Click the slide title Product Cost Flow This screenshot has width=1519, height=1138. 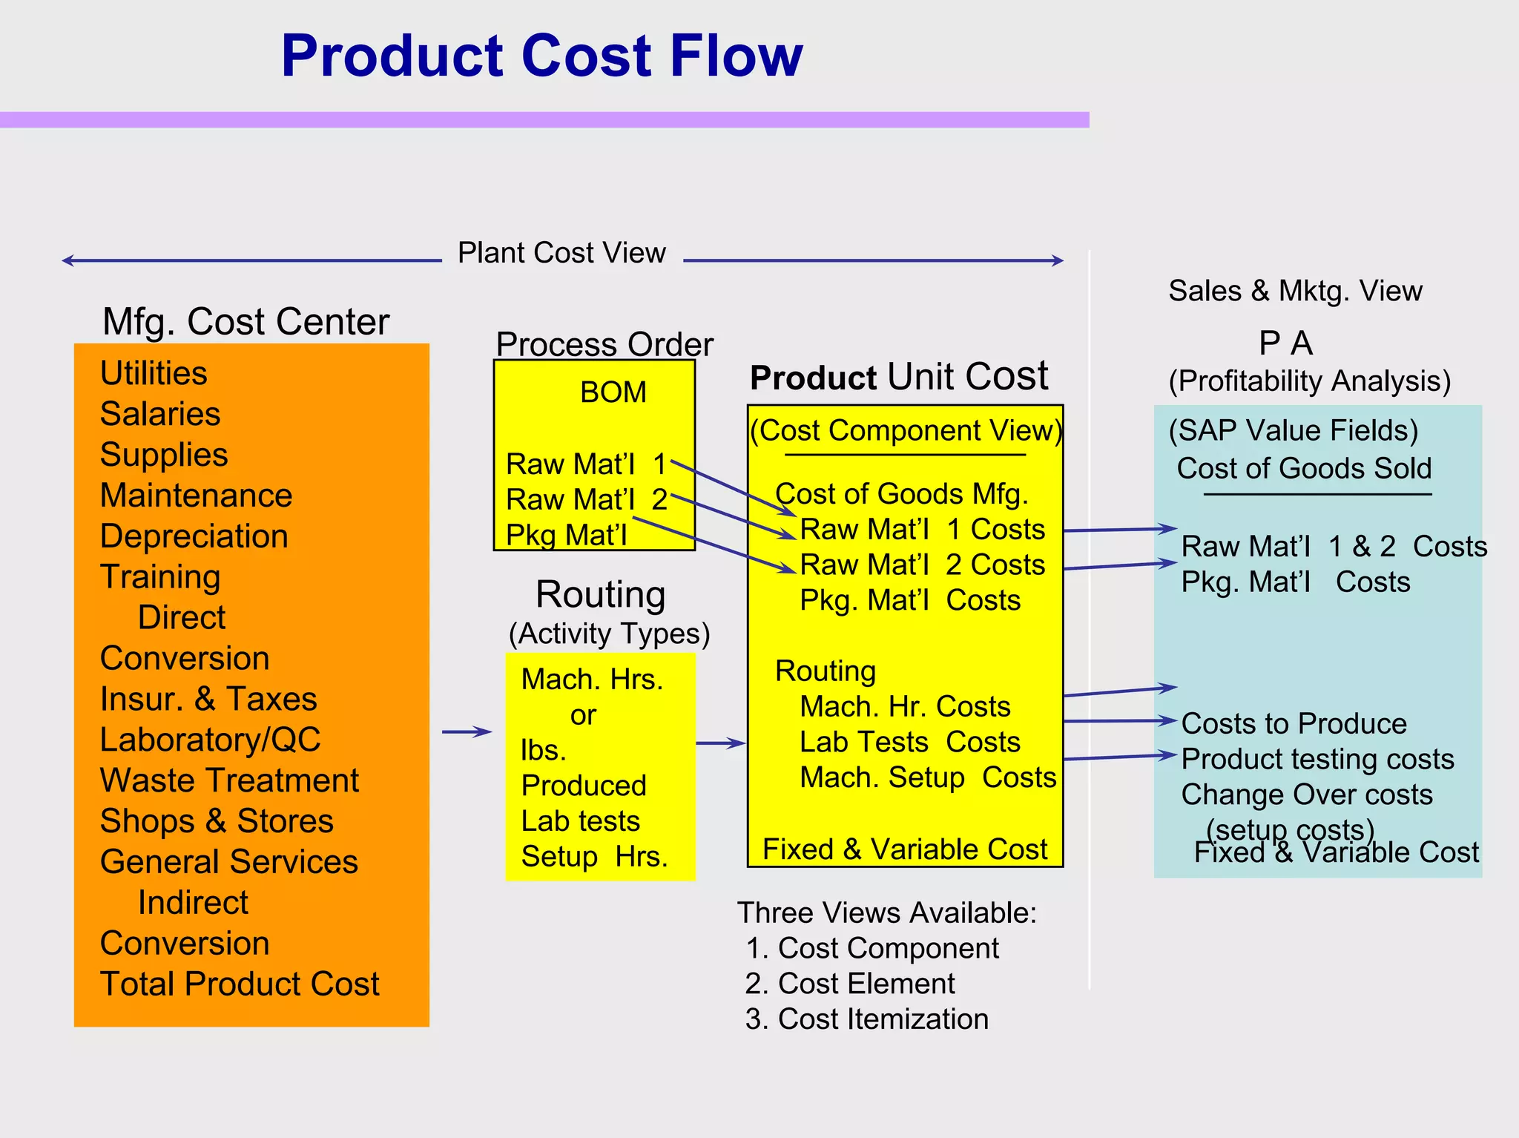click(541, 56)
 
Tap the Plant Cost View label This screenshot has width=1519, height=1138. click(561, 253)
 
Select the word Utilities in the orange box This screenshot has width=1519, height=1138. click(154, 373)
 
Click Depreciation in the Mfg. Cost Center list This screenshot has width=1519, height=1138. click(194, 536)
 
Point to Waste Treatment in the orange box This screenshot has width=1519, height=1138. click(229, 780)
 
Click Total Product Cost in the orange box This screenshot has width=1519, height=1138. click(240, 984)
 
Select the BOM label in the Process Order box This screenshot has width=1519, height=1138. click(613, 392)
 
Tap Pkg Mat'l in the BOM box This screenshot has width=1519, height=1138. click(566, 535)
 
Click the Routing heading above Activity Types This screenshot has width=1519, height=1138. click(600, 594)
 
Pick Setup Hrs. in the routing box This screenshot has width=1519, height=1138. click(594, 857)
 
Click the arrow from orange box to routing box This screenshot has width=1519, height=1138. click(467, 732)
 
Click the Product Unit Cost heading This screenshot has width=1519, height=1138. click(899, 377)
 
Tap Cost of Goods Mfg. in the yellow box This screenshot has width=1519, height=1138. click(901, 494)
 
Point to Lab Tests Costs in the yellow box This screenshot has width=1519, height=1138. click(909, 743)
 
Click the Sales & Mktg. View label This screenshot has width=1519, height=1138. click(1295, 291)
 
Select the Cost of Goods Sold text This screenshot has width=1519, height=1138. click(1304, 469)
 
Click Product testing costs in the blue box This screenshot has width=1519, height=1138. click(1317, 760)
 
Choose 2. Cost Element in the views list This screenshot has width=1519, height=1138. click(850, 984)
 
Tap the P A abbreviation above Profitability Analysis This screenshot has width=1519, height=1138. click(1285, 343)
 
